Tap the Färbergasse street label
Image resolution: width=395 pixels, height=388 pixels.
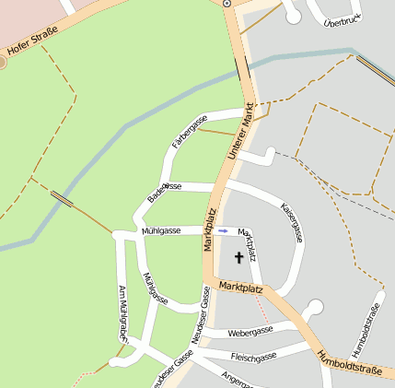(x=190, y=132)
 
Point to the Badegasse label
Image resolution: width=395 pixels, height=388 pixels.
(x=165, y=192)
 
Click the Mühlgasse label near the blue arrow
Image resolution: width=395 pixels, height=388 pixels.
(x=160, y=230)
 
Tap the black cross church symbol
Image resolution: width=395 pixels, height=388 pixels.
(x=240, y=258)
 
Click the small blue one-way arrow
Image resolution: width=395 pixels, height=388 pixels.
(x=223, y=230)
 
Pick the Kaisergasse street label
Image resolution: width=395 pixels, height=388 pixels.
(x=292, y=223)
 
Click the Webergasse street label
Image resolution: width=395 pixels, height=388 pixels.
(x=251, y=331)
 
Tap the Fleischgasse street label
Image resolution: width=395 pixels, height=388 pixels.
(x=253, y=357)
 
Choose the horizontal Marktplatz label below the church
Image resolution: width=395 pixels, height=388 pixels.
(x=241, y=289)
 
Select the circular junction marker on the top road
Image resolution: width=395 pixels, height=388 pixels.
(x=227, y=4)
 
